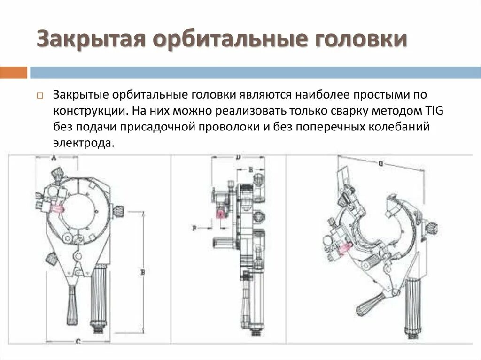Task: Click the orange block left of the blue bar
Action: pyautogui.click(x=14, y=73)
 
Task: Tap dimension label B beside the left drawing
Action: pyautogui.click(x=142, y=271)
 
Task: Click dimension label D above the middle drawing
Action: pyautogui.click(x=238, y=158)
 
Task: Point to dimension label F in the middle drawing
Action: pyautogui.click(x=194, y=228)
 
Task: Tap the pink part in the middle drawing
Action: pyautogui.click(x=220, y=214)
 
